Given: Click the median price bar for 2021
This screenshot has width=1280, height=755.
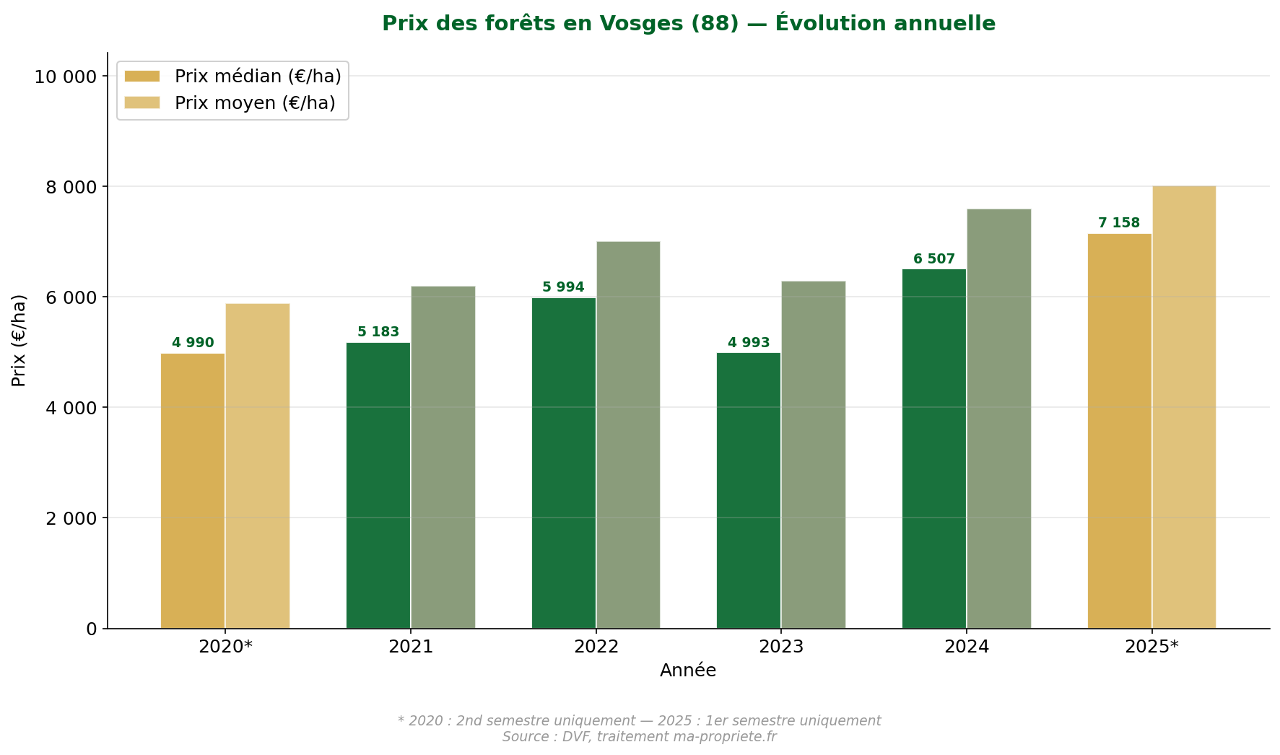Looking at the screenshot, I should pyautogui.click(x=378, y=485).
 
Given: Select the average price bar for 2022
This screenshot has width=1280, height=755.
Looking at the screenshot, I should pyautogui.click(x=628, y=435).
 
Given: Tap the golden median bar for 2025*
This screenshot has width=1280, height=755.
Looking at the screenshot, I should pyautogui.click(x=1119, y=431).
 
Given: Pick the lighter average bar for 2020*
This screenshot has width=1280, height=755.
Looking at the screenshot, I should pyautogui.click(x=258, y=466).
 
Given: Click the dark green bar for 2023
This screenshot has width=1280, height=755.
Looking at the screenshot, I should pyautogui.click(x=749, y=490).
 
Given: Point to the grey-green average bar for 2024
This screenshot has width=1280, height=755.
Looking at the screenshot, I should pyautogui.click(x=998, y=419).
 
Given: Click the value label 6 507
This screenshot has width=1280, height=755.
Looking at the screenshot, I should pyautogui.click(x=933, y=259).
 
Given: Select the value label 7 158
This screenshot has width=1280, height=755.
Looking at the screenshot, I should pyautogui.click(x=1118, y=223).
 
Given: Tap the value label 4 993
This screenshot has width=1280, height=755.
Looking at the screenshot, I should pyautogui.click(x=749, y=343).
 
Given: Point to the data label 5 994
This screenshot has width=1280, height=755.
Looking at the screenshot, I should pyautogui.click(x=563, y=287).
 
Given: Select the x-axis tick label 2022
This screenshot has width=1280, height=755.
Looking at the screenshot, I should pyautogui.click(x=596, y=647).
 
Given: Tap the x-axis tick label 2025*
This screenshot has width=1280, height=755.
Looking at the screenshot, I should pyautogui.click(x=1151, y=647).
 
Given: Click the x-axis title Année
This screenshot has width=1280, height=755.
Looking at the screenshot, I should pyautogui.click(x=688, y=671).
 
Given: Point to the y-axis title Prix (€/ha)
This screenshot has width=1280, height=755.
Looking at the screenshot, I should pyautogui.click(x=19, y=340).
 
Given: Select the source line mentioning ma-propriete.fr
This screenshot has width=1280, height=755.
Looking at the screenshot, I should pyautogui.click(x=639, y=737).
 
